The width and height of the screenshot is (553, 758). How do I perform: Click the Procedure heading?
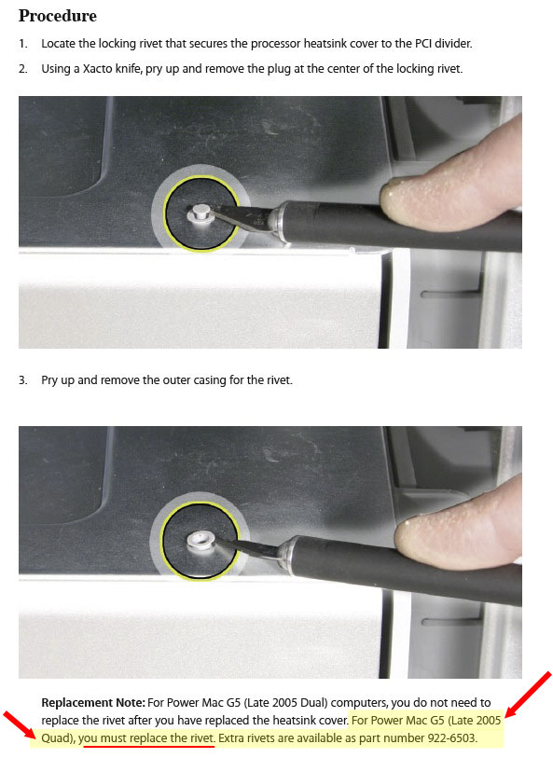pos(58,16)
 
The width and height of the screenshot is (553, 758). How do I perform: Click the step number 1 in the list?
pos(22,44)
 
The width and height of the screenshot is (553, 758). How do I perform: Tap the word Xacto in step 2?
pos(98,69)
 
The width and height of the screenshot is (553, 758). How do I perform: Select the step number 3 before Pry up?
pos(22,380)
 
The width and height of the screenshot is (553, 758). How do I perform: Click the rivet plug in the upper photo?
pos(200,214)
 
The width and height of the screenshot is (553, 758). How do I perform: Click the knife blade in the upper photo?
pos(241,215)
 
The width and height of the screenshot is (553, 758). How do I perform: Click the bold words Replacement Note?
pos(93,702)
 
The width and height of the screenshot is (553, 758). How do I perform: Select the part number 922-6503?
pos(452,738)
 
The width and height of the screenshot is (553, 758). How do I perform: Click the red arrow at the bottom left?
pos(20,724)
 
